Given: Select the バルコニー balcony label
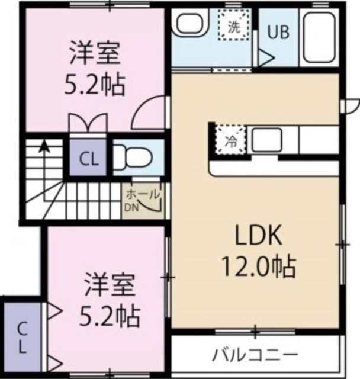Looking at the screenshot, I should pyautogui.click(x=255, y=355).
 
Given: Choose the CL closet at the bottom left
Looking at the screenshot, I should pyautogui.click(x=21, y=337).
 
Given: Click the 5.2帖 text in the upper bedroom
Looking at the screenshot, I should pyautogui.click(x=95, y=85).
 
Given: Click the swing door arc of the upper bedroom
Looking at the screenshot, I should pyautogui.click(x=147, y=115).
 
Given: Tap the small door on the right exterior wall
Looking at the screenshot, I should pyautogui.click(x=351, y=105).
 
